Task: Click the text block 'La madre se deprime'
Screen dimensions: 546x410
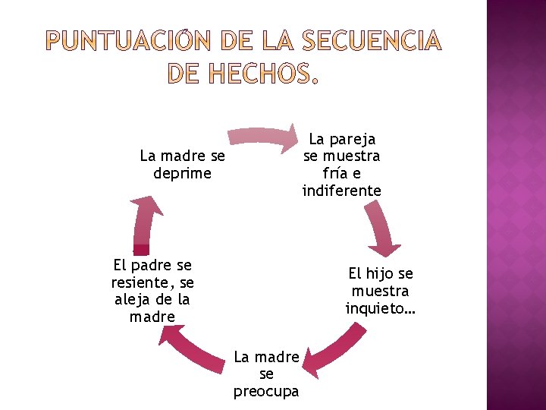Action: click(182, 165)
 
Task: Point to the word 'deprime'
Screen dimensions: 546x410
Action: click(182, 174)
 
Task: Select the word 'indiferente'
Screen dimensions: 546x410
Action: click(341, 191)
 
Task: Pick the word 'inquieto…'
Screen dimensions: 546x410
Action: click(381, 309)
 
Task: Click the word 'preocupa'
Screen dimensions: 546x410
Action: click(266, 392)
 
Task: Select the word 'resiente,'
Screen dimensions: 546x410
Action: click(140, 282)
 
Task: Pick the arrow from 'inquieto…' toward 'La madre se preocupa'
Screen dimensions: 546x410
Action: click(337, 348)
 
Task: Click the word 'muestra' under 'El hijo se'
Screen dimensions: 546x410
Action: click(381, 292)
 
